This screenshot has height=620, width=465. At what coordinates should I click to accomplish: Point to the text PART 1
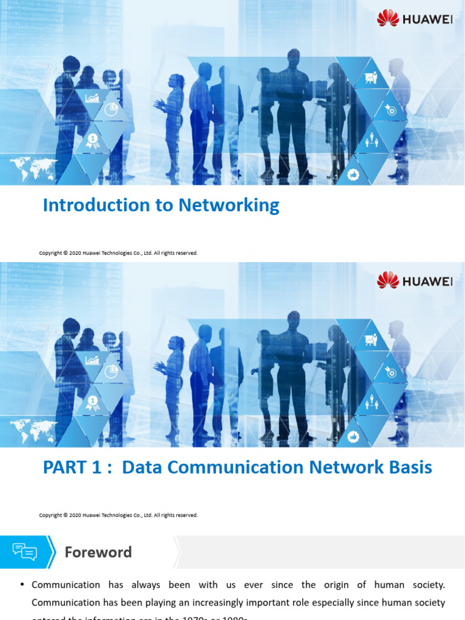tap(72, 467)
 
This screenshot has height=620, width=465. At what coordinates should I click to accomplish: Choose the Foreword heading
tap(98, 552)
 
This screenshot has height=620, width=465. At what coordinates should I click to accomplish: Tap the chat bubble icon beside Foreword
tap(25, 552)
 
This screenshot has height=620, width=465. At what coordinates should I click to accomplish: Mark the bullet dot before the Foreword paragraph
tap(22, 585)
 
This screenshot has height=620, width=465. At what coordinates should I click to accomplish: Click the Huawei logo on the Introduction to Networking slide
tap(414, 18)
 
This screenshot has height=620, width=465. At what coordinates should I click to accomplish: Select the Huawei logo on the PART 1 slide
tap(414, 280)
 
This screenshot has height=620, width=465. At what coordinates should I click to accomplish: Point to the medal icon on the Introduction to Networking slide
tap(93, 141)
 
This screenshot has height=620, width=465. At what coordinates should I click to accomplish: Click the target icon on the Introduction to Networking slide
tap(391, 110)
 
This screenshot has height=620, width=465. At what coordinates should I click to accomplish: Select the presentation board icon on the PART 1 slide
tap(371, 340)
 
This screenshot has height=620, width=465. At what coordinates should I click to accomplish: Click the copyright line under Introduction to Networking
tap(119, 253)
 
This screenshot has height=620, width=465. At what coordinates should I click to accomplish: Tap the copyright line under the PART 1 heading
tap(119, 515)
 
